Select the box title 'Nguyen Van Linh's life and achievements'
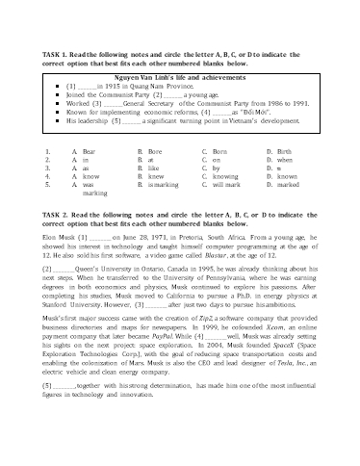pyautogui.click(x=180, y=74)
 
